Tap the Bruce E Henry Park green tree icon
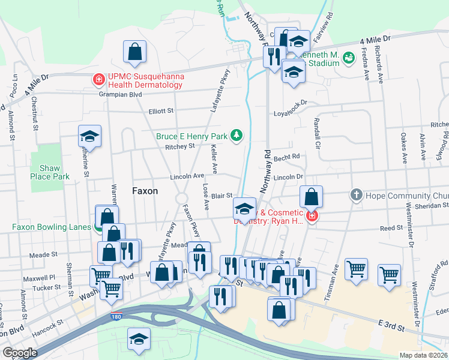click(237, 136)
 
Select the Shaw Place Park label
click(50, 172)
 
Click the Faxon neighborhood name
click(145, 191)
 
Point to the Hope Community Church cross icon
click(357, 196)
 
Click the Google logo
click(19, 353)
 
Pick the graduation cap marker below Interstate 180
click(139, 339)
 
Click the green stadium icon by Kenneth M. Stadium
click(349, 58)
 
